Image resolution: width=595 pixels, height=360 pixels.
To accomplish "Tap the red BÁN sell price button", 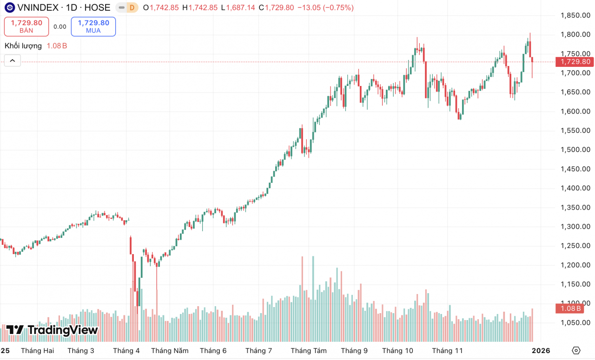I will [26, 26].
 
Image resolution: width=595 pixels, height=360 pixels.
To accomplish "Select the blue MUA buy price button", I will [93, 26].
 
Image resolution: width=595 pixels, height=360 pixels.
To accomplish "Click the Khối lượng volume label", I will [23, 46].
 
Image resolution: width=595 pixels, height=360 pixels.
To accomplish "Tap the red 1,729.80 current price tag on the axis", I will [575, 62].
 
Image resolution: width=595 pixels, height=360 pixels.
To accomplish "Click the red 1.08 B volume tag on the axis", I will [569, 308].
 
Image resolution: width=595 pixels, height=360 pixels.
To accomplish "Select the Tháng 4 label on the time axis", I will [126, 351].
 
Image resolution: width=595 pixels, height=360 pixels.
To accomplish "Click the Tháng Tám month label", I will [309, 351].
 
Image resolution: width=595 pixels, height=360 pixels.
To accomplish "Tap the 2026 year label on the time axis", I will [541, 351].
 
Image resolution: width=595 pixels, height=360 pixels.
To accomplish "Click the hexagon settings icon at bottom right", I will [576, 350].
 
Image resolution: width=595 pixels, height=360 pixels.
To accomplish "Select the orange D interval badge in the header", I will [132, 7].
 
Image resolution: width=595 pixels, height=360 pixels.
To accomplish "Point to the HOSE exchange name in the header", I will [97, 7].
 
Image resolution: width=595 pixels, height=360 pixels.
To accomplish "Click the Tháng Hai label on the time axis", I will [37, 351].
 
